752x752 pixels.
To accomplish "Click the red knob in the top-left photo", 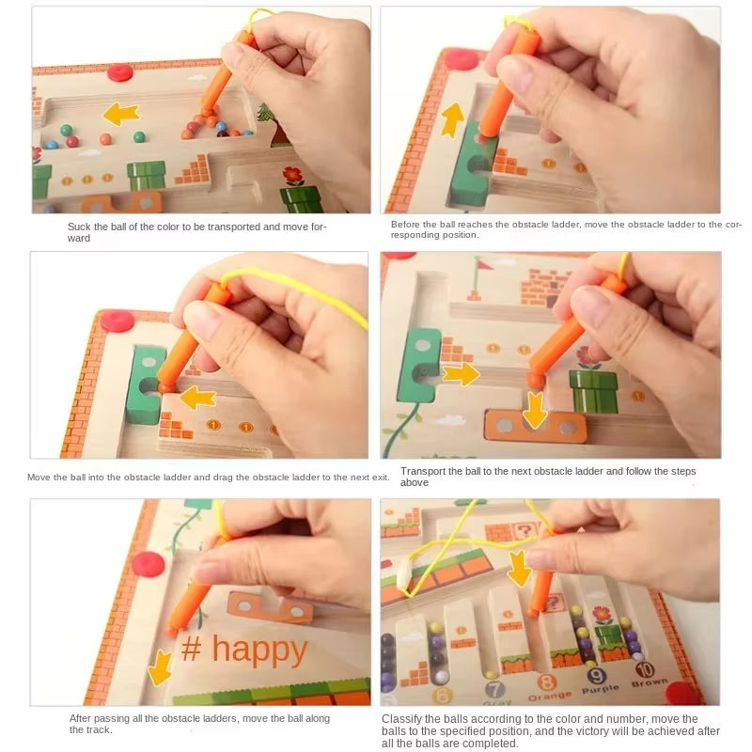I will [x=120, y=72].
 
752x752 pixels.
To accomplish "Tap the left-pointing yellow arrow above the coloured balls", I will [x=120, y=115].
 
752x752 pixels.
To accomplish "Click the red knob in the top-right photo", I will [x=461, y=59].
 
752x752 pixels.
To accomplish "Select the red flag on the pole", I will [x=482, y=265].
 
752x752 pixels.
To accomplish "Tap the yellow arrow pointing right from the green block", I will [x=462, y=375].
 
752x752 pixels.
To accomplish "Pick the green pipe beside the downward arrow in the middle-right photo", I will [x=594, y=390].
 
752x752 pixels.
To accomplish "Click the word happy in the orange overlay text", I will [x=259, y=650].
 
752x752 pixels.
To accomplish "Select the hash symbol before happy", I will [x=192, y=650].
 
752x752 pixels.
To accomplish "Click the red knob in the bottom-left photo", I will [x=148, y=564].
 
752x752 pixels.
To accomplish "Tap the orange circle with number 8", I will [x=546, y=682].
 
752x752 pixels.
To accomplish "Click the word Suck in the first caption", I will [x=79, y=227].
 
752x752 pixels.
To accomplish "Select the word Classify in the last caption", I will [x=402, y=718].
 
